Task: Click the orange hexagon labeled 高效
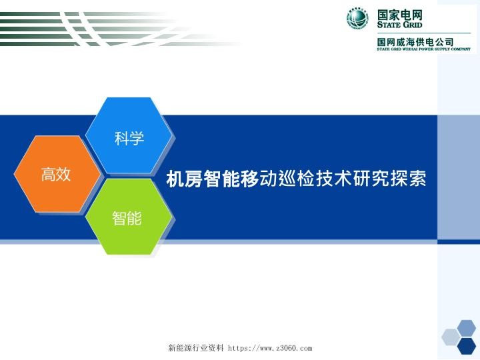pyautogui.click(x=57, y=175)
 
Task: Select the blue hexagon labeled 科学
pyautogui.click(x=129, y=137)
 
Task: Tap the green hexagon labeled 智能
pyautogui.click(x=127, y=217)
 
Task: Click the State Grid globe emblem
pyautogui.click(x=357, y=19)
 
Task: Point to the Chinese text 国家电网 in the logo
pyautogui.click(x=399, y=14)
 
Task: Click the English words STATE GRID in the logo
pyautogui.click(x=399, y=25)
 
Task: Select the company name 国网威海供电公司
pyautogui.click(x=415, y=41)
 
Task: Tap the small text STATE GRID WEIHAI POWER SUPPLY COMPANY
pyautogui.click(x=423, y=49)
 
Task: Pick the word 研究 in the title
pyautogui.click(x=371, y=179)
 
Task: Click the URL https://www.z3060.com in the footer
pyautogui.click(x=270, y=348)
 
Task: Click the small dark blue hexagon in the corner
pyautogui.click(x=467, y=345)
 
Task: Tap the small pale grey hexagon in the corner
pyautogui.click(x=450, y=337)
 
